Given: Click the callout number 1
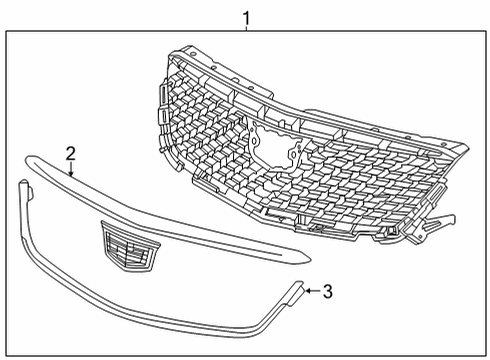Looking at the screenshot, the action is [246, 18].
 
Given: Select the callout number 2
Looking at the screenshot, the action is [71, 154].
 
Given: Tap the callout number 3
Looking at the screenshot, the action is [328, 291].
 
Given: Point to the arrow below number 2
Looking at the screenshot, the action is [71, 169].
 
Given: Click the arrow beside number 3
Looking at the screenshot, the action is [313, 291].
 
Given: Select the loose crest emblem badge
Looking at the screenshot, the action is [130, 246].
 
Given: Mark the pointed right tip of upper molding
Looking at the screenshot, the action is [309, 258].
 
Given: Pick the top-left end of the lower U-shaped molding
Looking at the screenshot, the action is [23, 183].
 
